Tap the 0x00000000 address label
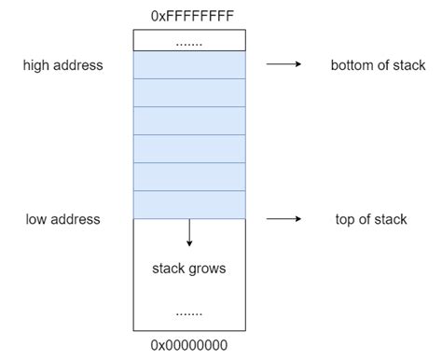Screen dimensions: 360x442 (x=189, y=345)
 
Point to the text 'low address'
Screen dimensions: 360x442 (x=62, y=219)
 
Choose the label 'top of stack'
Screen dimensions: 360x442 (x=370, y=219)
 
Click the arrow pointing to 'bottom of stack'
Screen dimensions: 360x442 (x=283, y=65)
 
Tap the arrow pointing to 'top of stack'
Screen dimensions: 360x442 (x=283, y=219)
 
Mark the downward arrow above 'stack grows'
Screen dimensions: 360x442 (x=189, y=232)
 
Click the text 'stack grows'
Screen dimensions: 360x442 (x=189, y=269)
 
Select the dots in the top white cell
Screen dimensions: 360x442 (x=189, y=42)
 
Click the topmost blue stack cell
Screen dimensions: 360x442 (x=189, y=65)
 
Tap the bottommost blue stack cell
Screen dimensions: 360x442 (x=189, y=204)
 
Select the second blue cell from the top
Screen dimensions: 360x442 (x=189, y=93)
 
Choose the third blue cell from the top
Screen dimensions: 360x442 (x=189, y=121)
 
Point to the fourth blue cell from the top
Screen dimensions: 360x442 (x=189, y=149)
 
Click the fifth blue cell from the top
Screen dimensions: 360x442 (x=189, y=177)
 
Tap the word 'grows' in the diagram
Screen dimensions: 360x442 (x=207, y=269)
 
